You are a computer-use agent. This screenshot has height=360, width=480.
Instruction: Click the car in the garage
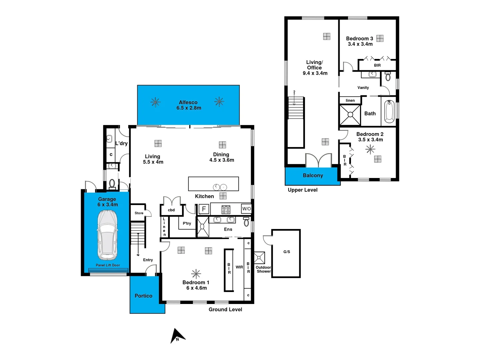tap(107, 235)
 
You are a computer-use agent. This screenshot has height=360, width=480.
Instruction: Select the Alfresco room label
tap(188, 102)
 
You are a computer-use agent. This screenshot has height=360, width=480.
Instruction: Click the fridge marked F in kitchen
tap(204, 209)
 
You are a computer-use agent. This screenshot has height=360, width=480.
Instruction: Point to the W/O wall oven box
tap(246, 209)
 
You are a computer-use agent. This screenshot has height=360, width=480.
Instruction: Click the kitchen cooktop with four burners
tap(226, 209)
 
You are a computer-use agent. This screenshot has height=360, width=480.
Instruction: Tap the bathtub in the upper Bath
tap(389, 112)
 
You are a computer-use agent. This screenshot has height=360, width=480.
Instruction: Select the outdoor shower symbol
tap(259, 258)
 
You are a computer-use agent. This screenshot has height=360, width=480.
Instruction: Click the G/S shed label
tap(287, 252)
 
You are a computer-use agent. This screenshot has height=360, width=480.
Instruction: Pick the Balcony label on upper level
tap(313, 175)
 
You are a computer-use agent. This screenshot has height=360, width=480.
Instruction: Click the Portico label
tap(143, 296)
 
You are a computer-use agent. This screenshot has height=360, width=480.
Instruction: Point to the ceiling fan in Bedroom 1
tap(196, 274)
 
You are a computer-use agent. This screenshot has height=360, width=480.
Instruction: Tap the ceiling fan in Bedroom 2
tap(370, 149)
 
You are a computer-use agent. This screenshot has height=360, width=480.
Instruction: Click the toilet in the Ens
tap(246, 222)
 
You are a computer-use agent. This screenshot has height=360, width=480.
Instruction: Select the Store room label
tap(139, 213)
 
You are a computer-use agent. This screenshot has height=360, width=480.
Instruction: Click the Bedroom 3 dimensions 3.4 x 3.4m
tap(360, 44)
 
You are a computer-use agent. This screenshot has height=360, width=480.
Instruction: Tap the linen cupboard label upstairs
tap(350, 100)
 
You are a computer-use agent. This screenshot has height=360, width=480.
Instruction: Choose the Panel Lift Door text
tap(108, 265)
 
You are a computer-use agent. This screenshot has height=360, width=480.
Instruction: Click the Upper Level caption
tap(302, 190)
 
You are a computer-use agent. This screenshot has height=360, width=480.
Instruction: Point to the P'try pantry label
tap(187, 223)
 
